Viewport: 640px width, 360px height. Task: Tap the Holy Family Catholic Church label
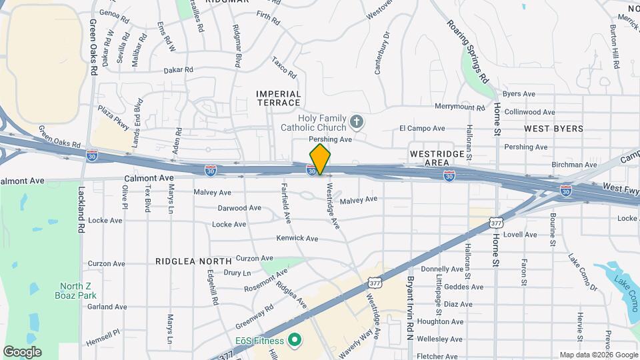322,123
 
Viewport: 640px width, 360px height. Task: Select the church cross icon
357,122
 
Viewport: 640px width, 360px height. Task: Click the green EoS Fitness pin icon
294,341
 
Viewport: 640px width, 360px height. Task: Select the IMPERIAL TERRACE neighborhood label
279,98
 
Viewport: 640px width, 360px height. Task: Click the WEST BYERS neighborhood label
553,129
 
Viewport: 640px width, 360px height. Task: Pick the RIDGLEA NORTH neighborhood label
193,261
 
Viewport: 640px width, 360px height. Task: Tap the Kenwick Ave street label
297,238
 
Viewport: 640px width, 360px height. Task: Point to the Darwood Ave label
239,208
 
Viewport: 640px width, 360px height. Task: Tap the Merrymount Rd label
459,107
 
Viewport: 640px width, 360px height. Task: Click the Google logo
22,351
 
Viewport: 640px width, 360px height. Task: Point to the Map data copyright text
597,355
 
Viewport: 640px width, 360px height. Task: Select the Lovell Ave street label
520,234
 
